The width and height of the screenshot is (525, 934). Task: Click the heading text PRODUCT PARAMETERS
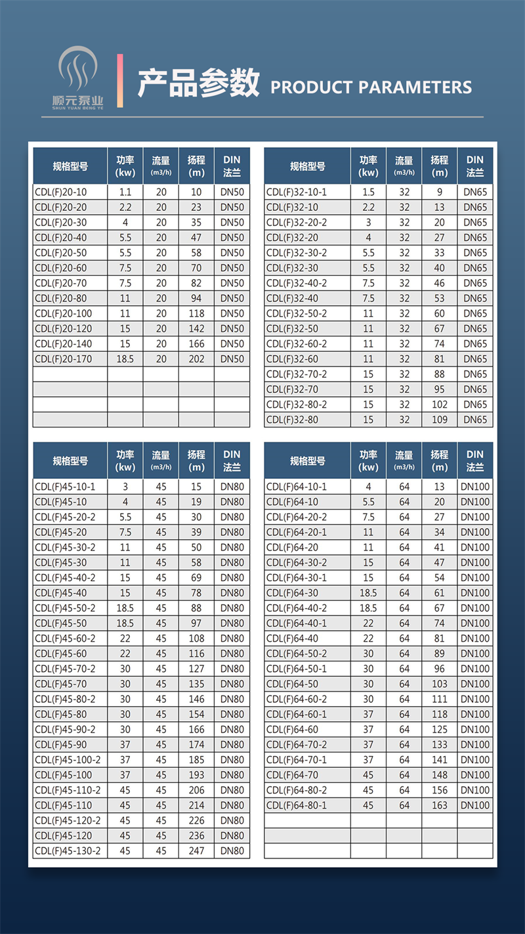[371, 87]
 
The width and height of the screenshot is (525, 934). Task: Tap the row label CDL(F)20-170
[64, 359]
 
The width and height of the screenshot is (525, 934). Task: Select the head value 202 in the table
[196, 359]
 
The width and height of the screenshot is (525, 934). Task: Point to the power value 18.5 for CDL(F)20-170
[125, 359]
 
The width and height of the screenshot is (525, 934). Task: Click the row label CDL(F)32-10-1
[297, 192]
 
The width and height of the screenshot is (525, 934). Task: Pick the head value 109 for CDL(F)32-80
[440, 420]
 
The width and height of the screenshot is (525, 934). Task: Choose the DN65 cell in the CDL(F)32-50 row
[475, 328]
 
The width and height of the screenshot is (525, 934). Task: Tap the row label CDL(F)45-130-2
[68, 851]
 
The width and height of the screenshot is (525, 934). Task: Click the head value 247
[196, 851]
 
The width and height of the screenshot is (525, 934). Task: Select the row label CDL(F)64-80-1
[297, 805]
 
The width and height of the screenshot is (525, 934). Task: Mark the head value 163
[440, 805]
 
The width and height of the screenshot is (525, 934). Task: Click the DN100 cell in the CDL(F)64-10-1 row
[475, 487]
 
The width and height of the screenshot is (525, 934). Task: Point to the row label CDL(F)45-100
[64, 775]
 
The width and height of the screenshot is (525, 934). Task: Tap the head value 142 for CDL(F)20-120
[196, 328]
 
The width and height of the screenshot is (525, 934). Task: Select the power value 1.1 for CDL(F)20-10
[125, 192]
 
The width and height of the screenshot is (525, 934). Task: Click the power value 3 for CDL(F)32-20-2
[368, 223]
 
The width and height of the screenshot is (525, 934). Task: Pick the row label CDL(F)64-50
[292, 684]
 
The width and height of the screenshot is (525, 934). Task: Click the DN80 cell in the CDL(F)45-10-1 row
[232, 487]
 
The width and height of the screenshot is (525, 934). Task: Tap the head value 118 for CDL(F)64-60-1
[440, 714]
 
